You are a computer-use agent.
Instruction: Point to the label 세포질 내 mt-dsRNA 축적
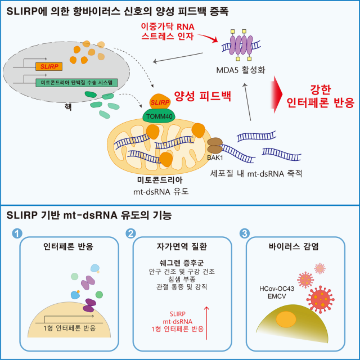267,173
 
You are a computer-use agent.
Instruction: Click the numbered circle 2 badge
131,233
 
